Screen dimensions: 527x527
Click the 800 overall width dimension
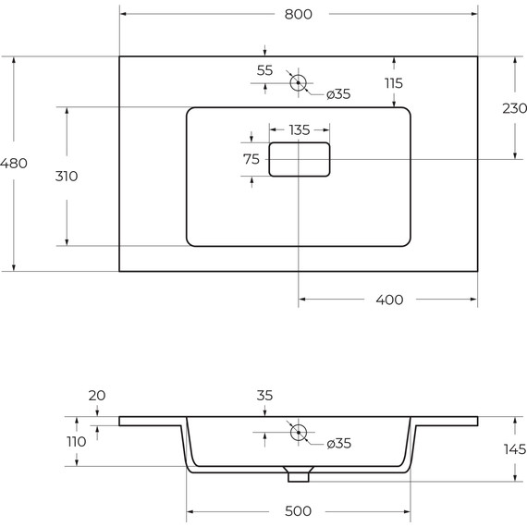[x=298, y=15]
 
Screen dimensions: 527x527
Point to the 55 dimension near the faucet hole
[x=264, y=70]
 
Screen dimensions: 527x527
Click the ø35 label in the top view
[x=337, y=93]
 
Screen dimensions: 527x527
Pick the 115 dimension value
[x=395, y=83]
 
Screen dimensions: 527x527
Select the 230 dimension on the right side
[x=514, y=108]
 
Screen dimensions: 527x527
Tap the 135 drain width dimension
[x=299, y=129]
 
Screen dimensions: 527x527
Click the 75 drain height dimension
[x=251, y=159]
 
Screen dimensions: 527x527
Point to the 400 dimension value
[x=390, y=300]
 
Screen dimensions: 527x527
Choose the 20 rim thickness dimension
[x=97, y=395]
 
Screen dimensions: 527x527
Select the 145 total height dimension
[x=513, y=449]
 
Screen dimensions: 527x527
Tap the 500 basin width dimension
[x=298, y=511]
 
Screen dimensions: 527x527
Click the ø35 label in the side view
[x=339, y=444]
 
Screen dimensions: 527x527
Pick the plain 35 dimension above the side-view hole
[x=264, y=396]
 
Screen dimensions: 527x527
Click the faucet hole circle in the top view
[x=298, y=83]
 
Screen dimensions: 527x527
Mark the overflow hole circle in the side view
[x=298, y=432]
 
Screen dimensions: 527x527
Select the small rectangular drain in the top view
[x=300, y=159]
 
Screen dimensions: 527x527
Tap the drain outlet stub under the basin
[x=298, y=475]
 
